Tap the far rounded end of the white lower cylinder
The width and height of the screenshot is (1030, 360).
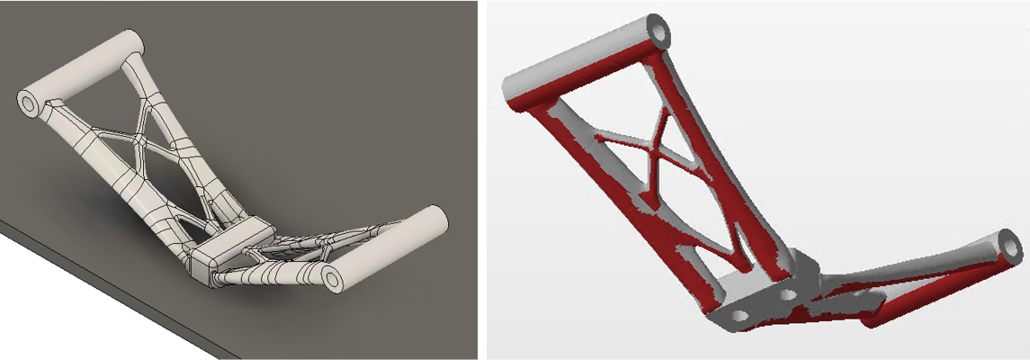435,217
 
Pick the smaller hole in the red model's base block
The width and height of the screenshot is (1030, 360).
789,294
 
